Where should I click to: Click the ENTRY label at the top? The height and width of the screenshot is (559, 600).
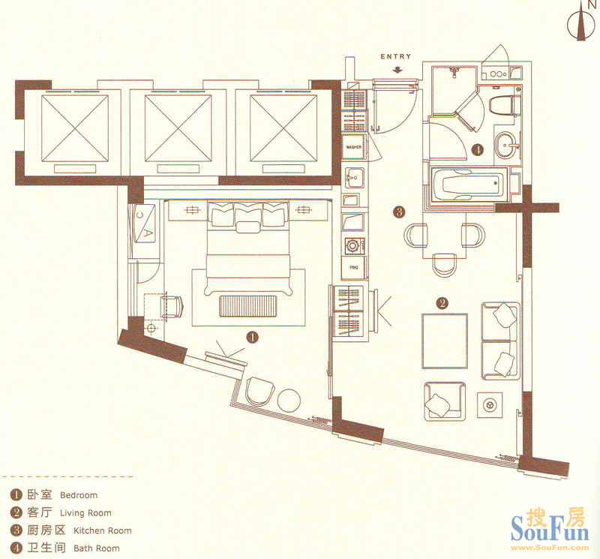[396, 56]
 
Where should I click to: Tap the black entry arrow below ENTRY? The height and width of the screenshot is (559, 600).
[398, 70]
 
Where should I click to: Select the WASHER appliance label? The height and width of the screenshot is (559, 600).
[353, 147]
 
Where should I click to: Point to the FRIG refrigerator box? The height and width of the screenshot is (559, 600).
[354, 268]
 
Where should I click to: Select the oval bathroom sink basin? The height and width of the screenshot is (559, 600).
[506, 145]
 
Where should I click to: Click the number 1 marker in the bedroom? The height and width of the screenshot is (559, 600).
[252, 338]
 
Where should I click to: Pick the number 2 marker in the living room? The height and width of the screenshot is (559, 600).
[442, 303]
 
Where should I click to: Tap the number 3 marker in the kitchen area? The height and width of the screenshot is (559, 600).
[399, 212]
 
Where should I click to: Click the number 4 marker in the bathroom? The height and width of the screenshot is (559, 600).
[478, 150]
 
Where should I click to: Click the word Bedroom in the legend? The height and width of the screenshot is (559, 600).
[79, 495]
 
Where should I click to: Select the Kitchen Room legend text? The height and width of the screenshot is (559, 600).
[103, 530]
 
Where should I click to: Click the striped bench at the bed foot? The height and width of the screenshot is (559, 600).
[247, 306]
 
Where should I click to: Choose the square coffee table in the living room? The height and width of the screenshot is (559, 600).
[445, 341]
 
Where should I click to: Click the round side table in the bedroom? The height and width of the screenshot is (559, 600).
[289, 401]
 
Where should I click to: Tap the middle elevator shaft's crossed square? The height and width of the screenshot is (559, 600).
[178, 128]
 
